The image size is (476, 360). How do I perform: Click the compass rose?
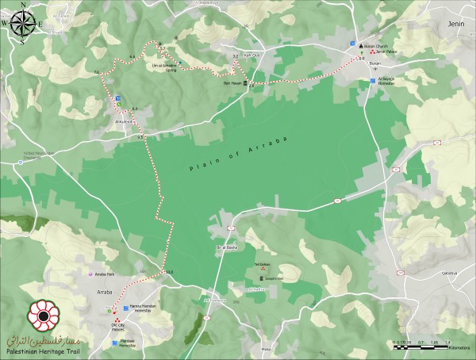click(x=22, y=21)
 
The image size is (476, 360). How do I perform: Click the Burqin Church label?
click(x=376, y=46)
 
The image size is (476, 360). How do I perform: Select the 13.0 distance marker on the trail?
click(x=168, y=273)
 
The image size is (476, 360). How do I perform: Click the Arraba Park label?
click(x=106, y=274)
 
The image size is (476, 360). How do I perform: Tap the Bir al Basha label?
click(x=228, y=247)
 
